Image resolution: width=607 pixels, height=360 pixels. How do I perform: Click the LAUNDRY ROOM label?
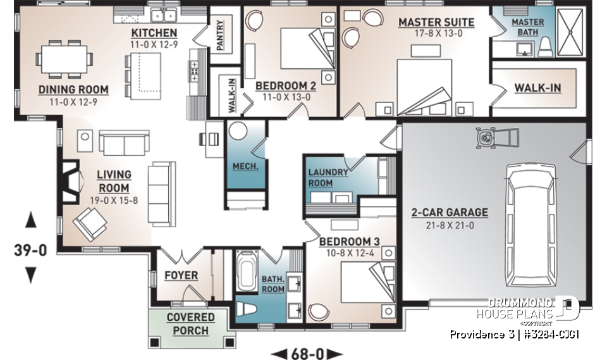328,177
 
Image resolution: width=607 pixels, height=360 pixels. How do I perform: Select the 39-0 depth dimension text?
30,251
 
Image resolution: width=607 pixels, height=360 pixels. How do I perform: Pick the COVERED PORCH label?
190,323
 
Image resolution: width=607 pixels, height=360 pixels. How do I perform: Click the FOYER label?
181,275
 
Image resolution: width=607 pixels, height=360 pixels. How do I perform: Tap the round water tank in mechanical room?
238,132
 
